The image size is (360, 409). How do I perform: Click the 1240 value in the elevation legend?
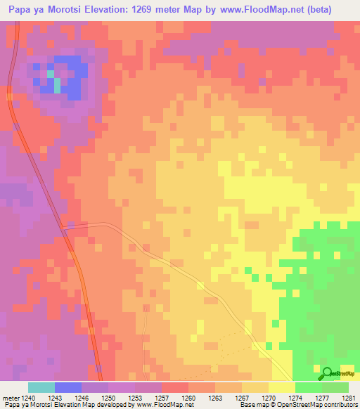pyautogui.click(x=28, y=397)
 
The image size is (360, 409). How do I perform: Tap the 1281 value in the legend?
pyautogui.click(x=349, y=397)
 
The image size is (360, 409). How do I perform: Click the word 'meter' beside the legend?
pyautogui.click(x=10, y=397)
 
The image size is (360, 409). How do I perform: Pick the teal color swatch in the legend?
pyautogui.click(x=41, y=387)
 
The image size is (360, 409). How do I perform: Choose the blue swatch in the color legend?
pyautogui.click(x=68, y=387)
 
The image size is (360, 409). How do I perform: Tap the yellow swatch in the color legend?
pyautogui.click(x=282, y=387)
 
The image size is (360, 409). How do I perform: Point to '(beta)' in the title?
pyautogui.click(x=333, y=10)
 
